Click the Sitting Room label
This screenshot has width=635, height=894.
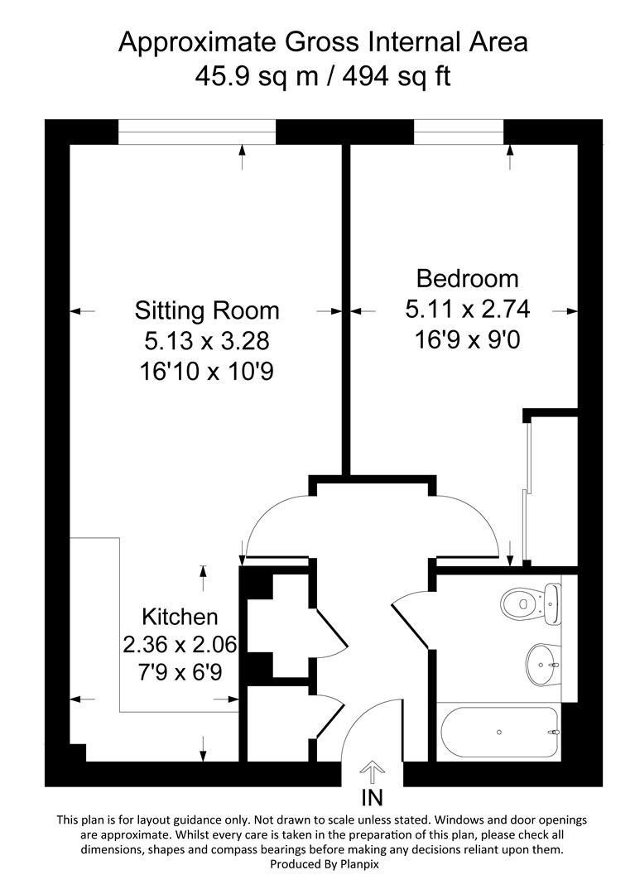coord(207,310)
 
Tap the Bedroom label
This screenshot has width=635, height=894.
coord(467,278)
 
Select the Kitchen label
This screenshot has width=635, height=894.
coord(180,617)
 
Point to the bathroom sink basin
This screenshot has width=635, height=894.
coord(541,663)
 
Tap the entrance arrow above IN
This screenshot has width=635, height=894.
coord(373,773)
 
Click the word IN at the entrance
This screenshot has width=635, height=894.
coord(373,798)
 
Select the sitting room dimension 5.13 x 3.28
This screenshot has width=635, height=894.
coord(207,341)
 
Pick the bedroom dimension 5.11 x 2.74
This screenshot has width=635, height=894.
coord(467,310)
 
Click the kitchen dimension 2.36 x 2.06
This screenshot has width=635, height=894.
coord(180,643)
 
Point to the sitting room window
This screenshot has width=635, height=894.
coord(196,132)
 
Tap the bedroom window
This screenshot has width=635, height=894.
coord(458,132)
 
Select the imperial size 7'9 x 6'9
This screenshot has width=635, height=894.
coord(180,670)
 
